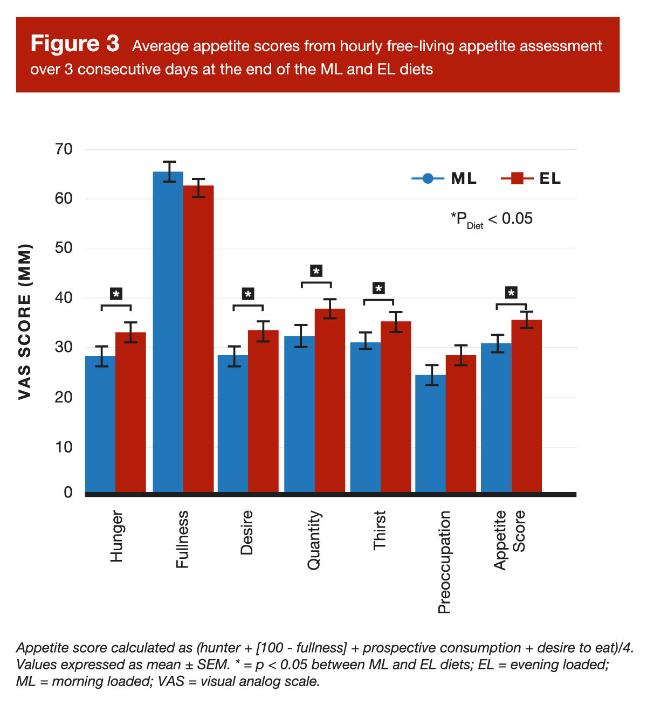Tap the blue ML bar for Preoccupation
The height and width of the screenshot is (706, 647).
(430, 433)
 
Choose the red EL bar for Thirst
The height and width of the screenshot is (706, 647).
(396, 406)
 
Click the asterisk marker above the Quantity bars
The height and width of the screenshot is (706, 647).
(316, 271)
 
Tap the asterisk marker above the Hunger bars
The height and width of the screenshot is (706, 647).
(116, 294)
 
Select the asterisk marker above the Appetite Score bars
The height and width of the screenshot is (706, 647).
(511, 293)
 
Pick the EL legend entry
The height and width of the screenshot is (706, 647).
(532, 178)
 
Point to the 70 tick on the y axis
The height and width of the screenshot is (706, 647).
(64, 149)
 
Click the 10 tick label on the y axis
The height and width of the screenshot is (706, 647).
(64, 447)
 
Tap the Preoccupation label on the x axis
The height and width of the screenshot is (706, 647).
(444, 562)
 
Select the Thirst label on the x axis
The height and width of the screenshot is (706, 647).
(380, 530)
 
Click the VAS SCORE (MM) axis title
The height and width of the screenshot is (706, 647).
(25, 322)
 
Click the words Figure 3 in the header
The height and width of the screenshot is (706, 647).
(75, 44)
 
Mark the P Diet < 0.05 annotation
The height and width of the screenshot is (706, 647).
(492, 219)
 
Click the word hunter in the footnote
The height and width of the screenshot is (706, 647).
(221, 648)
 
